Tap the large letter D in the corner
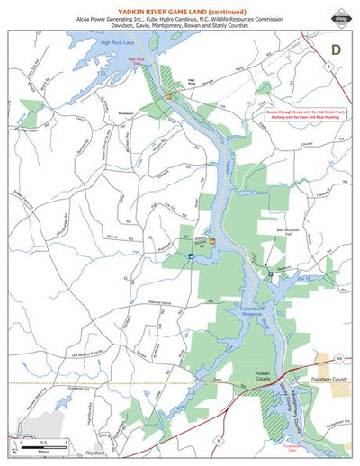pos(336,50)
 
